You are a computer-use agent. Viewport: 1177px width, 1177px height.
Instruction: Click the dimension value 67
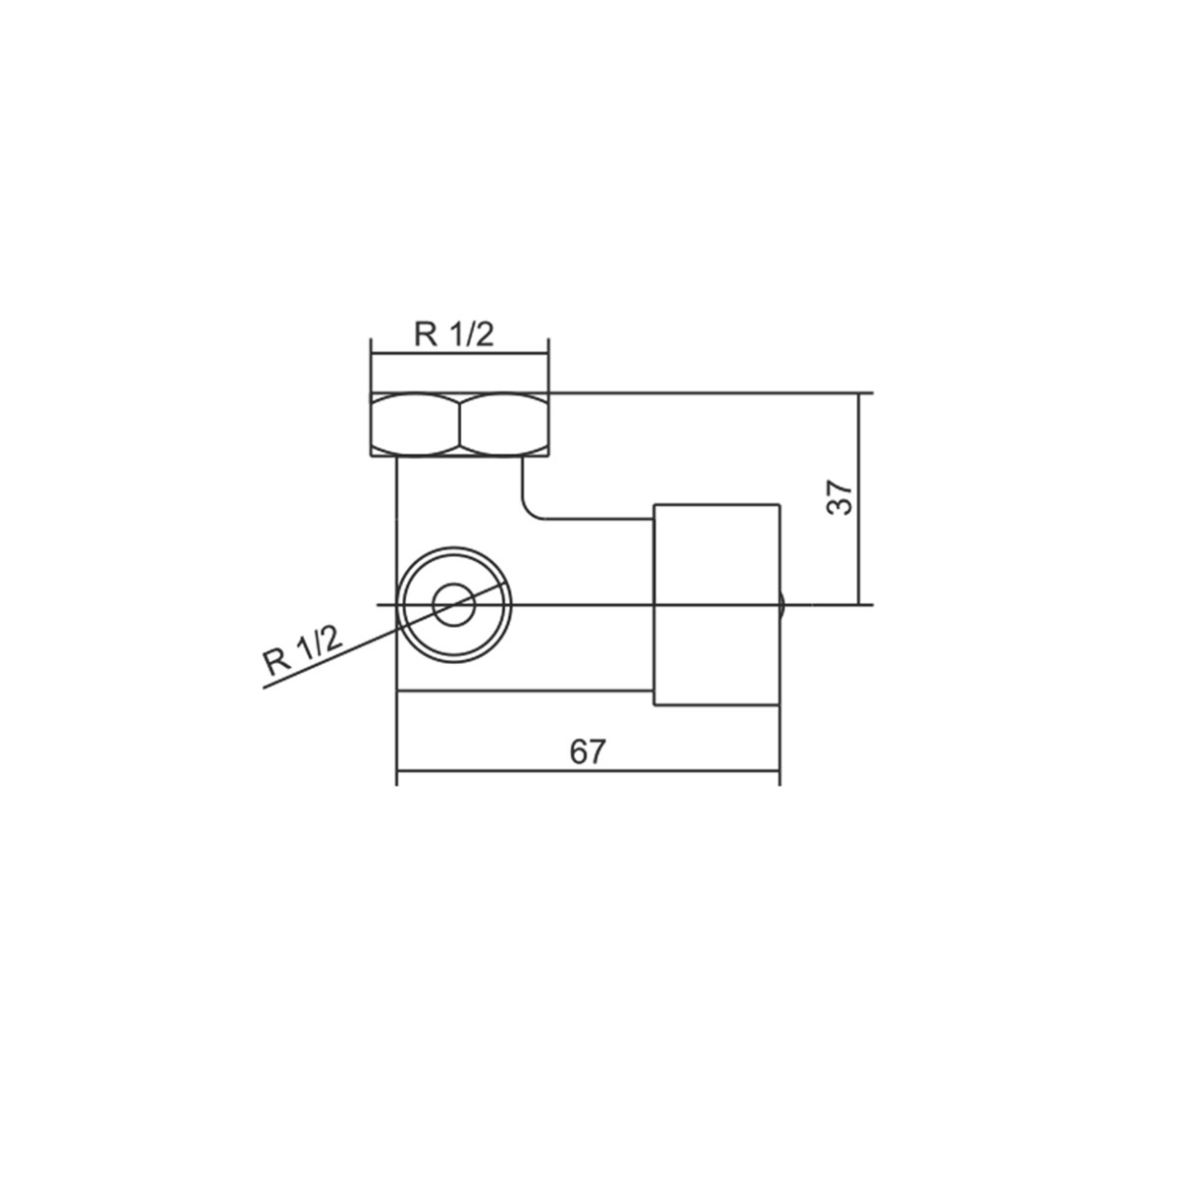[x=587, y=752]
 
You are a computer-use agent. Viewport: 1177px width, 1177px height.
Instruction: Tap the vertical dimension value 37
[x=840, y=498]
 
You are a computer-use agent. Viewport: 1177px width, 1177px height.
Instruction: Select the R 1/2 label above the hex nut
[x=454, y=334]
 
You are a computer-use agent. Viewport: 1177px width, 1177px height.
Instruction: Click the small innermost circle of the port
[x=454, y=605]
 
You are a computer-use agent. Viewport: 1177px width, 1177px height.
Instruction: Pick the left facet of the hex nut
[x=415, y=425]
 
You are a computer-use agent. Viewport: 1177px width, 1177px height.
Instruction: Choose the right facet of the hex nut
[x=504, y=425]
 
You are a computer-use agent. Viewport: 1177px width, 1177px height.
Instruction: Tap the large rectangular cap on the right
[x=716, y=605]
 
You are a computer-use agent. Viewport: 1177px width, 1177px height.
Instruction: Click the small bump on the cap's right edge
[x=782, y=605]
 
